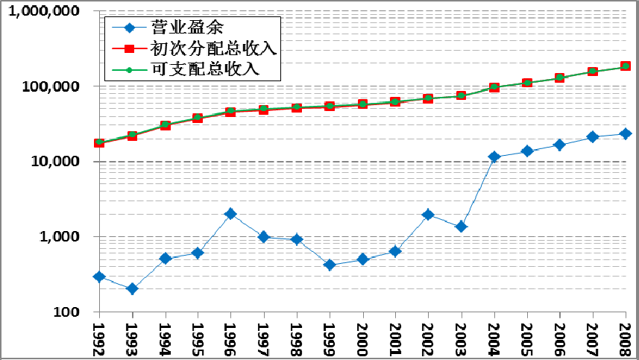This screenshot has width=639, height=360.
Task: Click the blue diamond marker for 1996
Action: point(230,214)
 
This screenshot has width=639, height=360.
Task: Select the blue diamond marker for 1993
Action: point(132,288)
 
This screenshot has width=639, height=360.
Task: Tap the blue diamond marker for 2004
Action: point(494,157)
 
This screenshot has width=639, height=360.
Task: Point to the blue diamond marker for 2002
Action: point(428,215)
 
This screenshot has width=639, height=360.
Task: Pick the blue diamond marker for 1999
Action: point(330,265)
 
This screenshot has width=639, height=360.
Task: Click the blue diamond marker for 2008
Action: point(626,134)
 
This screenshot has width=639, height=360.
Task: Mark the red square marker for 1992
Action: point(99,142)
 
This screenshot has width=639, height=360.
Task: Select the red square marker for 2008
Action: point(626,66)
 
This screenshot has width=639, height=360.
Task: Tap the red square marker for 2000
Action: point(362,104)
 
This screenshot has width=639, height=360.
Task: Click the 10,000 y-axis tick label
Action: point(60,162)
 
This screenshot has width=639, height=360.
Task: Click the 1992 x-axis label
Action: point(99,338)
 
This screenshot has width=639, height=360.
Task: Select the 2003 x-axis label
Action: point(461,338)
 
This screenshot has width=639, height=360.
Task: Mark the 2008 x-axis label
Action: point(626,338)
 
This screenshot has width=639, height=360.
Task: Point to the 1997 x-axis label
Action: point(263,338)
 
